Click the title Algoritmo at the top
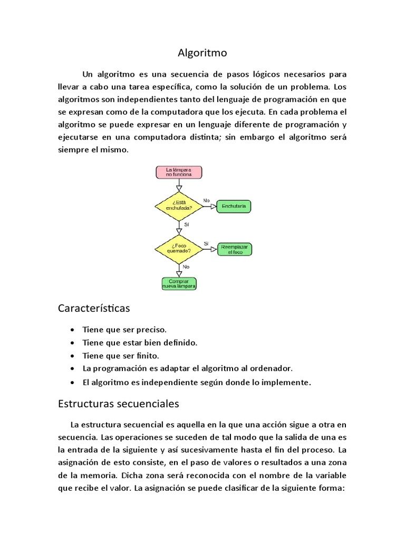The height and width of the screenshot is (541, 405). [x=202, y=53]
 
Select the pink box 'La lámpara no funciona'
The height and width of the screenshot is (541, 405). [x=179, y=172]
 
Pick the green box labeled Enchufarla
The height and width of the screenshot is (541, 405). [x=234, y=206]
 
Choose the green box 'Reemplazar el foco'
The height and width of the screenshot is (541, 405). [x=234, y=250]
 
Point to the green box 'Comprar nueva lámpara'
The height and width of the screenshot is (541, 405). [x=179, y=284]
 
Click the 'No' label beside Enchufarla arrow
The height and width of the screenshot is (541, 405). [x=206, y=201]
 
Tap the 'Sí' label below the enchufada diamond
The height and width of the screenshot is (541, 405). [x=186, y=225]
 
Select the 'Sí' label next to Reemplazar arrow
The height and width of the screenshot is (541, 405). [x=206, y=243]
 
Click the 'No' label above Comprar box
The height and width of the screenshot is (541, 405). [x=186, y=267]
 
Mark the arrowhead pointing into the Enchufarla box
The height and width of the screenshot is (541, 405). [x=214, y=207]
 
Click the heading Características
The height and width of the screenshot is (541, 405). [x=94, y=307]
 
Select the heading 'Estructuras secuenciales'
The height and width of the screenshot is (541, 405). [x=118, y=404]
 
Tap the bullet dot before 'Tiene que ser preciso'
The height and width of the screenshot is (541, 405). [x=72, y=330]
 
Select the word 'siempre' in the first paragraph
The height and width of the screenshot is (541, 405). [x=72, y=150]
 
